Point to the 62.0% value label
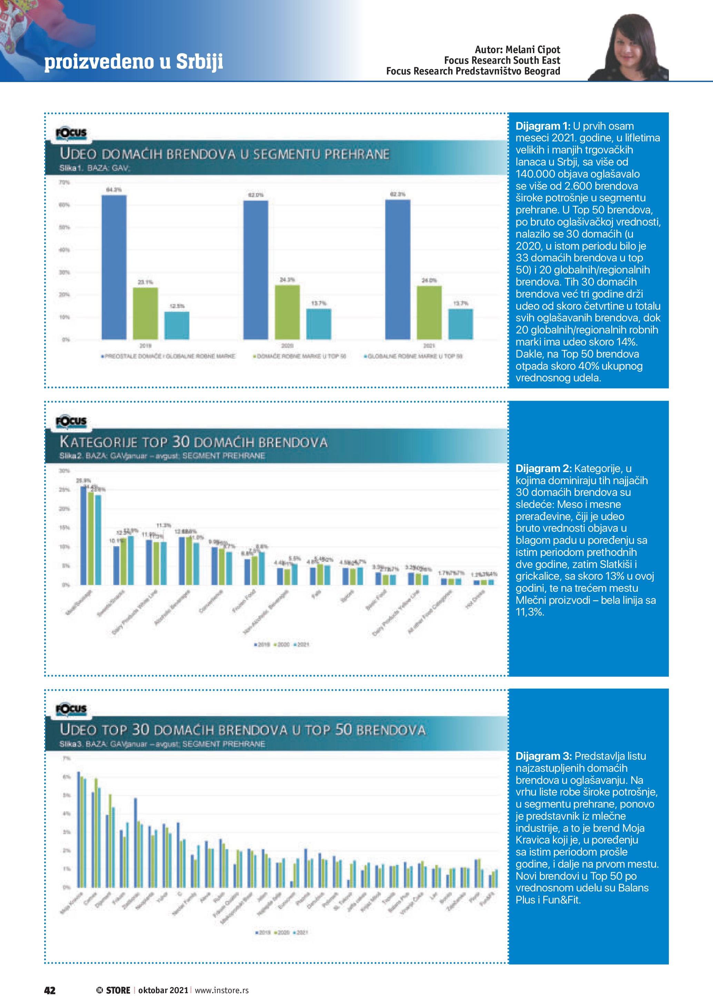pos(256,194)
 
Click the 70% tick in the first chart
pos(65,182)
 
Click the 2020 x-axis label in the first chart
pos(287,346)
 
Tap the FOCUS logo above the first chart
pos(71,133)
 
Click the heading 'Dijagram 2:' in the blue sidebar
pos(543,468)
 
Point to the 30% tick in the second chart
pos(65,471)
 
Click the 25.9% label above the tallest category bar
pos(83,480)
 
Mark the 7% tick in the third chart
pos(66,758)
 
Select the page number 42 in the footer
pos(50,990)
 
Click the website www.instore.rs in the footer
pos(222,990)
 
